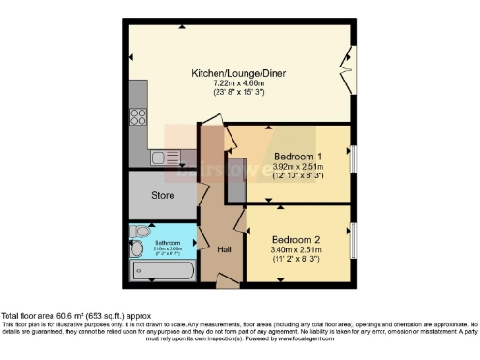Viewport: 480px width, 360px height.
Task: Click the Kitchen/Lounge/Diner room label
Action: click(239, 72)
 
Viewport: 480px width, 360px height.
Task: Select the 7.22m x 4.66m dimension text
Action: click(239, 82)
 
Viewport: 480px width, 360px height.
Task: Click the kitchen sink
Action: click(160, 157)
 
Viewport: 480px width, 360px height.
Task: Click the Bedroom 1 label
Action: click(297, 155)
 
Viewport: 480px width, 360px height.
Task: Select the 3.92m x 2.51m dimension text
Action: click(297, 165)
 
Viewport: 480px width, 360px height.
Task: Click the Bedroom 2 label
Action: click(295, 238)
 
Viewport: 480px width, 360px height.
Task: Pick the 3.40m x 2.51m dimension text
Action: click(295, 248)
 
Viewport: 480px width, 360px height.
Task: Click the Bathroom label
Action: click(170, 242)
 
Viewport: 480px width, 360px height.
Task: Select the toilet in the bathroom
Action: click(139, 232)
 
